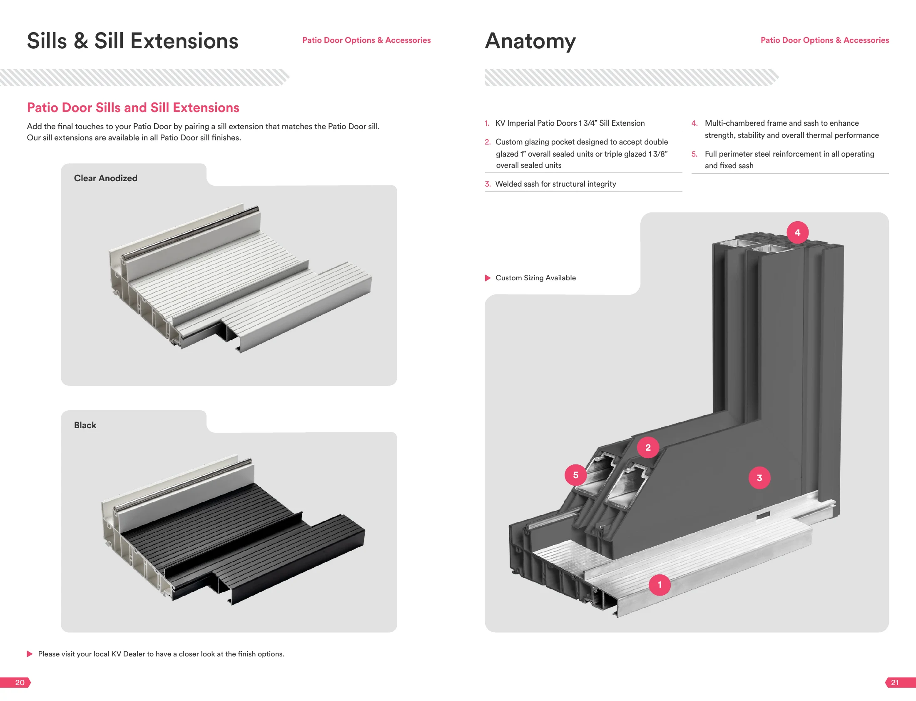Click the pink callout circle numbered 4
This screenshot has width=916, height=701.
tap(797, 232)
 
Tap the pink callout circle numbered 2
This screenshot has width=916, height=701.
tap(648, 447)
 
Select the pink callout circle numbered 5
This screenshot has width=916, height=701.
tap(576, 475)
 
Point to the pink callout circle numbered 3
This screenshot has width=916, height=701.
tap(759, 478)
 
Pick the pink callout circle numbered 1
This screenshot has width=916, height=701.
tap(660, 585)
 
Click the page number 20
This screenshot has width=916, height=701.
tap(20, 683)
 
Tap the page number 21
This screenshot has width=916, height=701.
tap(895, 683)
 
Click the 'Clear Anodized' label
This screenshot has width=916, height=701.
tap(105, 178)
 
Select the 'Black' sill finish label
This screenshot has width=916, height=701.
tap(85, 425)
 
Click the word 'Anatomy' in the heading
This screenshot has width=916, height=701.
tap(530, 41)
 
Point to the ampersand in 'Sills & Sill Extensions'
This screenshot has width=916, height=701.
tap(80, 41)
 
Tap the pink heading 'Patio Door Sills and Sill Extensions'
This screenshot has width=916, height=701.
tap(133, 107)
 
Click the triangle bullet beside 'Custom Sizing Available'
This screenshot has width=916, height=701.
tap(488, 278)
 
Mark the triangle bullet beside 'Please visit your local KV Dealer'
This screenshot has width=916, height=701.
tap(30, 654)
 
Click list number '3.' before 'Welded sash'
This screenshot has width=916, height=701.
tap(488, 184)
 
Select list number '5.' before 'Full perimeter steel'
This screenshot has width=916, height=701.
tap(694, 154)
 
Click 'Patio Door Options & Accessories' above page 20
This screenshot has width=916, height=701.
tap(366, 40)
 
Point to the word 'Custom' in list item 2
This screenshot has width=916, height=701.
tap(509, 142)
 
